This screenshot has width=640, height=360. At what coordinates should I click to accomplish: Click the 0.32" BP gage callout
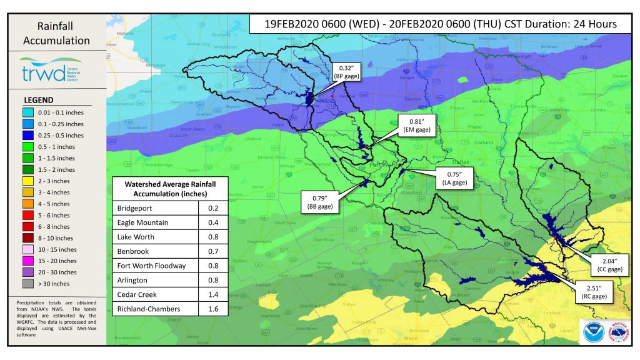click(x=346, y=71)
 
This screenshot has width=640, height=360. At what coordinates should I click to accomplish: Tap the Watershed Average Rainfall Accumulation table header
click(x=169, y=189)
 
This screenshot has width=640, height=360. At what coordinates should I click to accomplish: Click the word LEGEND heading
click(x=38, y=100)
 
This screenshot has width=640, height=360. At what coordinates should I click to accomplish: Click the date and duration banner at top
click(x=433, y=24)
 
